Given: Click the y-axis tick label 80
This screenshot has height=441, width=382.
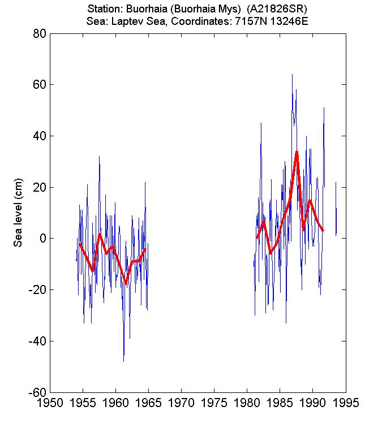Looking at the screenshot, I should click(38, 33).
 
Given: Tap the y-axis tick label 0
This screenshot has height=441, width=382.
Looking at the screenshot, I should click(41, 239).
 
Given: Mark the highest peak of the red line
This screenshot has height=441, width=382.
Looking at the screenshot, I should click(297, 152).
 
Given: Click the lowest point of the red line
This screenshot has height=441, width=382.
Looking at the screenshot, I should click(126, 283).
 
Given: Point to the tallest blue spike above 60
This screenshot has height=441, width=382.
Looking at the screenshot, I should click(292, 75).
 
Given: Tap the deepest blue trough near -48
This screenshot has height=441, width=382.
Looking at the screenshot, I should click(123, 361).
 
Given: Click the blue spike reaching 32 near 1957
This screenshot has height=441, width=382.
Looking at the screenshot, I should click(99, 157).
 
